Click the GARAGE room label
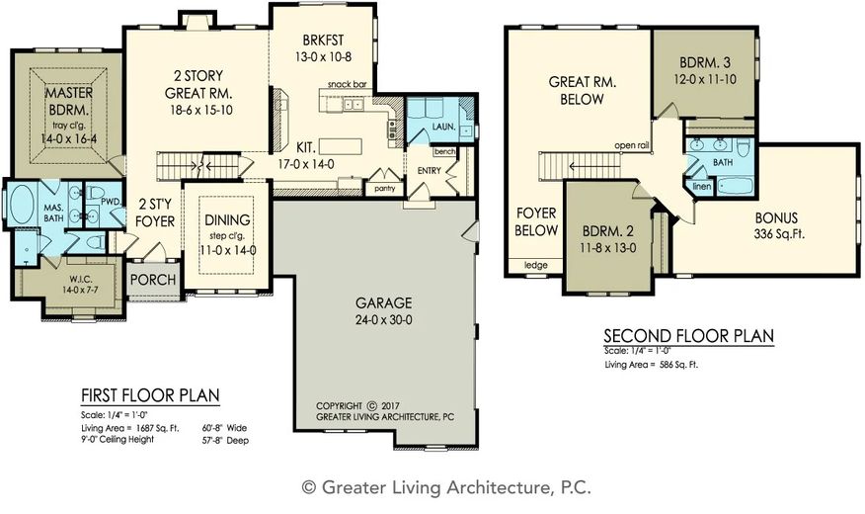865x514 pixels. coord(383,302)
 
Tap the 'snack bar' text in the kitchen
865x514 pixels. coord(347,84)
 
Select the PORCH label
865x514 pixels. coord(153,280)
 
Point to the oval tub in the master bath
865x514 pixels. coord(22,205)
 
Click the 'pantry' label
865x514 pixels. coord(384,189)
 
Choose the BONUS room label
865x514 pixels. coord(776,217)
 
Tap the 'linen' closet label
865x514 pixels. coord(702,187)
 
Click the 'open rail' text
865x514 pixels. coord(632,145)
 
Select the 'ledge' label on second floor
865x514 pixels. coord(535,265)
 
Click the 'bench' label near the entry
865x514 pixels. coord(444,151)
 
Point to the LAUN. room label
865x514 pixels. coord(443,127)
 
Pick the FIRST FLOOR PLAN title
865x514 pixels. coord(150,395)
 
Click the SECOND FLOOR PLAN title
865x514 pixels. coord(688,336)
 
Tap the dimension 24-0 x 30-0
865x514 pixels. coord(383,319)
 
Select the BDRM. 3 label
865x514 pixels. coord(704,62)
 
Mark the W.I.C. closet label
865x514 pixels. coord(81,280)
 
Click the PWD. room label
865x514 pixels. coord(111,202)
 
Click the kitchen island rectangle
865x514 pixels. coord(341,147)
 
